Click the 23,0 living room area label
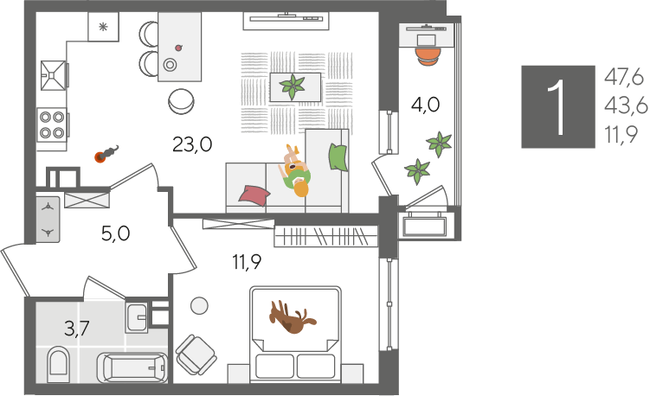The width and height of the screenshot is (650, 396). [192, 144]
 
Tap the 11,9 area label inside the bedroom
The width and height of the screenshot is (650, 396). [247, 262]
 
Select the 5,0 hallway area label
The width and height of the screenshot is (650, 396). [116, 233]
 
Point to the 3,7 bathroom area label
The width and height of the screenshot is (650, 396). [77, 329]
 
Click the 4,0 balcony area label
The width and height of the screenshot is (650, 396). [425, 105]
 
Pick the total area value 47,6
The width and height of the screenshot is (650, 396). [623, 78]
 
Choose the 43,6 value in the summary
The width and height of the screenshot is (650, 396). [626, 106]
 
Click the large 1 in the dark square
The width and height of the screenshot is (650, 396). [557, 107]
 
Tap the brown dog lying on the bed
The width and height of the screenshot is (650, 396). [293, 316]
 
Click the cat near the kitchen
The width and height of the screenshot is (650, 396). [107, 154]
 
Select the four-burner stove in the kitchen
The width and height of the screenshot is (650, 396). [52, 125]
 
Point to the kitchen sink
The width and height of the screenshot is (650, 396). [53, 75]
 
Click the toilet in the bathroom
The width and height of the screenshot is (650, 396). [58, 365]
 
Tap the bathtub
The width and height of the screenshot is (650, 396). [132, 367]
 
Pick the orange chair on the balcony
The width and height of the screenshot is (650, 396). [428, 57]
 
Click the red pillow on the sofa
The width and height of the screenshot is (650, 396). [254, 195]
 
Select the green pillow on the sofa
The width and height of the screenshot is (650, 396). [338, 157]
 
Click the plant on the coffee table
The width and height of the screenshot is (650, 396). [293, 86]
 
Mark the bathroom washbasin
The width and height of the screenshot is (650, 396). [138, 317]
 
